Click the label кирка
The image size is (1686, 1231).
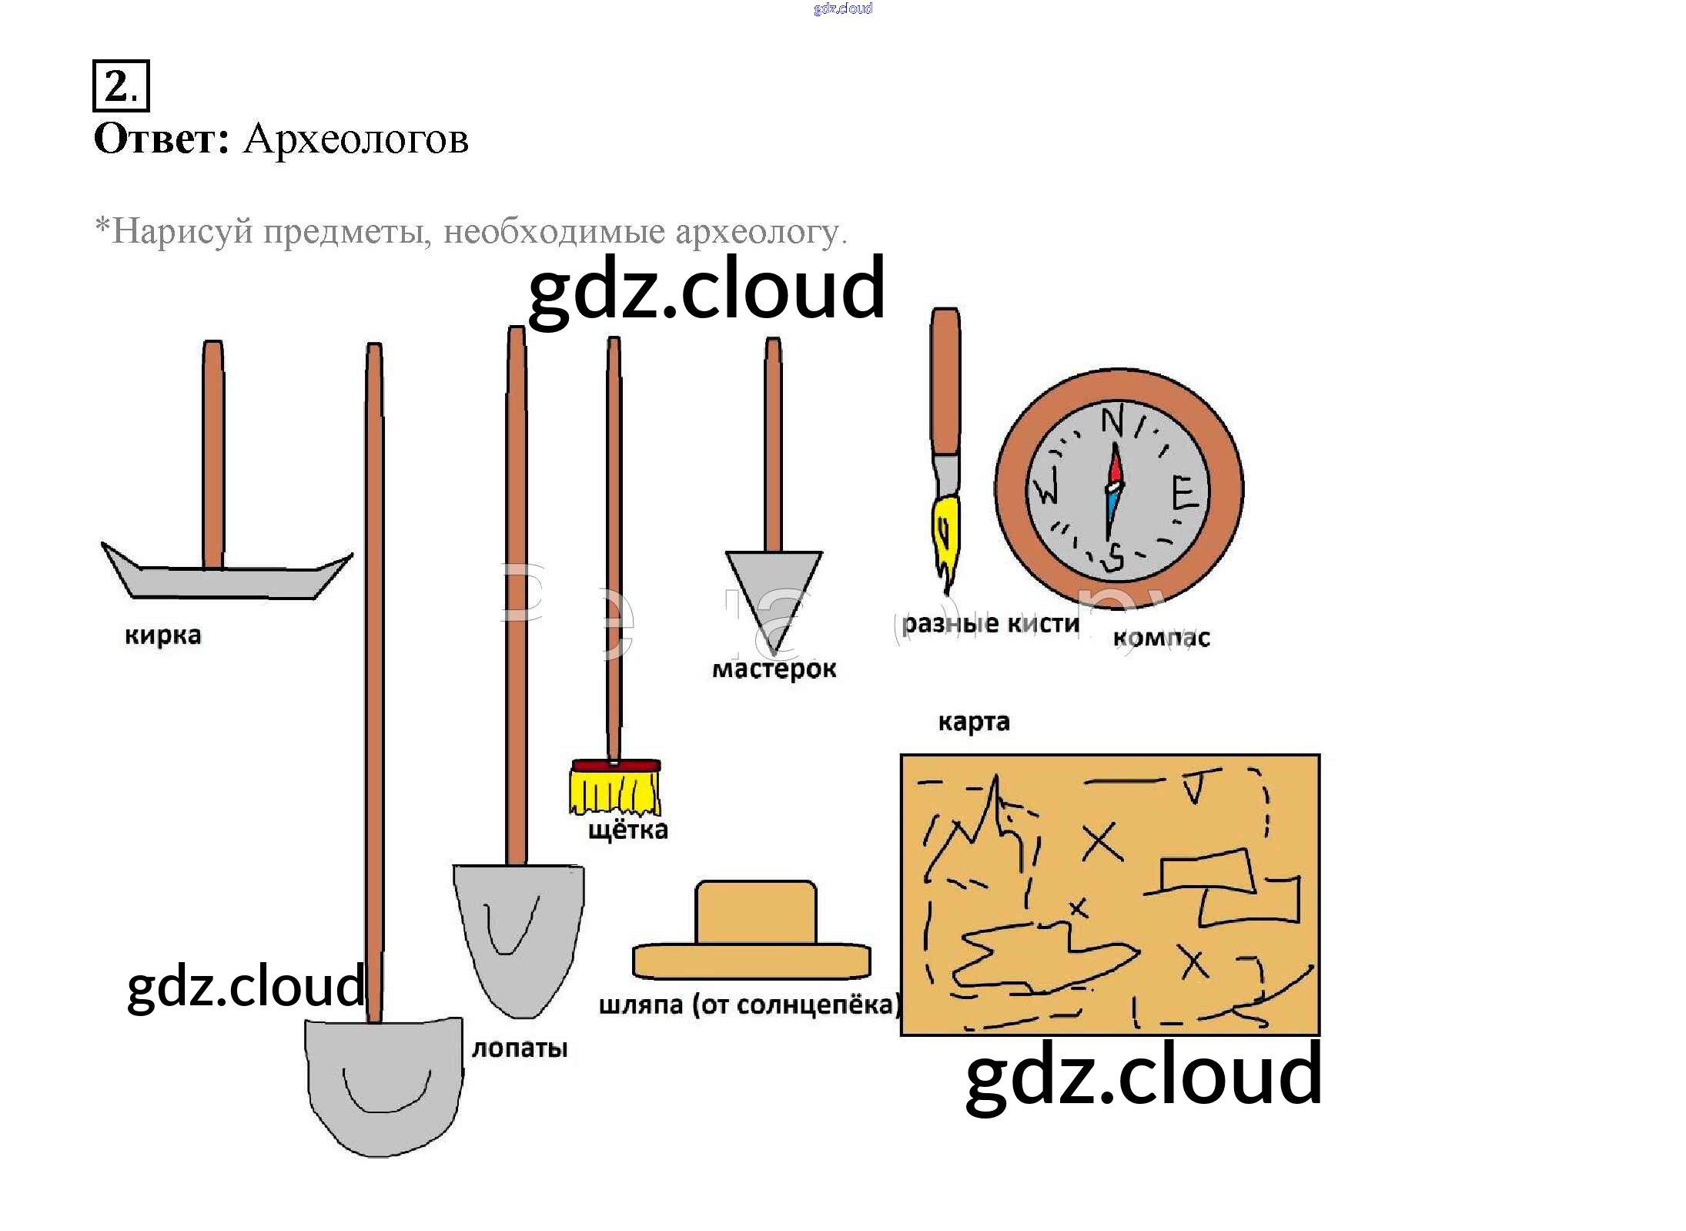(163, 636)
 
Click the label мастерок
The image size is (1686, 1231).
(774, 669)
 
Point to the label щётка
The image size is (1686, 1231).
(628, 830)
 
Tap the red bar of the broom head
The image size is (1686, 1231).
(615, 766)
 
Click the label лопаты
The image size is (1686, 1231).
(520, 1048)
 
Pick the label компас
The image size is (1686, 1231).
(1161, 638)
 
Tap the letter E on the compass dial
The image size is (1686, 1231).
(1184, 493)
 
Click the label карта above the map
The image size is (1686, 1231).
(974, 723)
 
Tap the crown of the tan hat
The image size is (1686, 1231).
(755, 911)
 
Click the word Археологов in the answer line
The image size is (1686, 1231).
(356, 140)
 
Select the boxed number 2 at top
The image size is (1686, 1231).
(121, 86)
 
